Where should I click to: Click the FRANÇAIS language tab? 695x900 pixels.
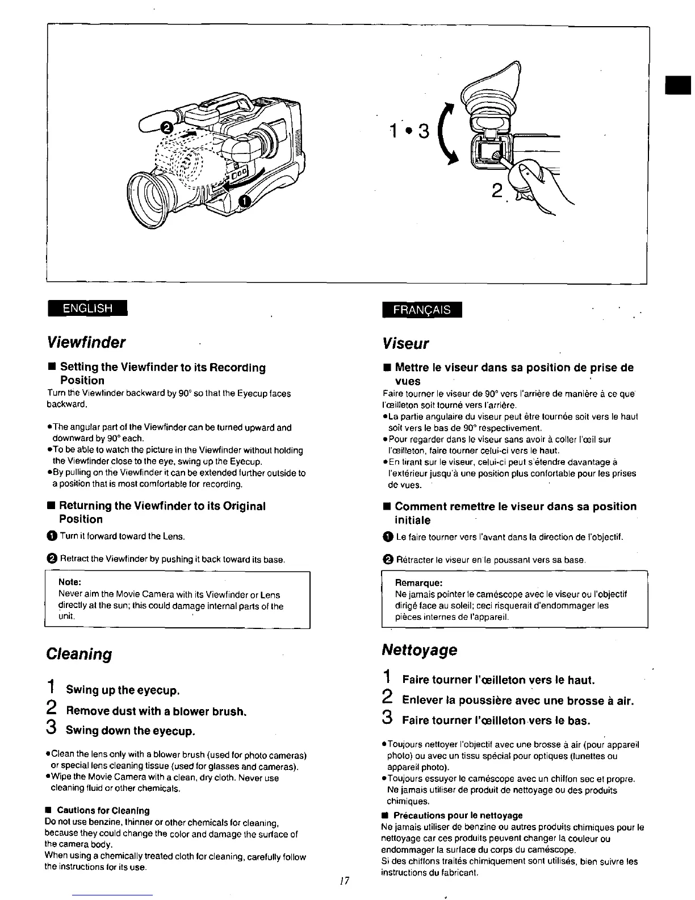coord(423,310)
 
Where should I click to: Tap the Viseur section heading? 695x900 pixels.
coord(405,344)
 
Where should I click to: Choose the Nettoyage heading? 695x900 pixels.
coord(419,649)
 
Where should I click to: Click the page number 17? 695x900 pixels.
coord(344,881)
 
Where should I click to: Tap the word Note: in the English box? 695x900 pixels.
coord(70,582)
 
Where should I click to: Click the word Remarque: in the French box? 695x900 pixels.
coord(418,583)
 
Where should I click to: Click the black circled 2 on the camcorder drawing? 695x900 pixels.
coord(168,128)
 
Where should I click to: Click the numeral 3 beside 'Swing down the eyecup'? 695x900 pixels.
coord(51,728)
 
